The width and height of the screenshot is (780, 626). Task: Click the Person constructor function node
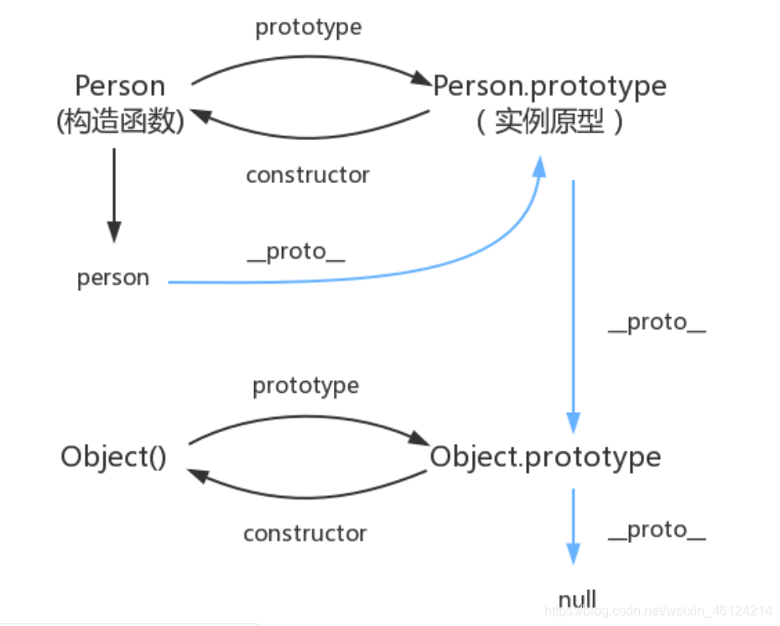click(x=120, y=86)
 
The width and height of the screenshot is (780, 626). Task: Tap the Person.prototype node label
click(x=549, y=86)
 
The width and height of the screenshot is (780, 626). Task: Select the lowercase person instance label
click(x=113, y=278)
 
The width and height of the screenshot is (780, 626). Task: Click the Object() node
click(x=113, y=457)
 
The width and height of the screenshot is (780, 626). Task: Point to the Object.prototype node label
click(x=545, y=457)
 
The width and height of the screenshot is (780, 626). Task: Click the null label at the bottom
click(x=577, y=599)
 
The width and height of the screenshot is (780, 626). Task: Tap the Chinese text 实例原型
click(x=549, y=123)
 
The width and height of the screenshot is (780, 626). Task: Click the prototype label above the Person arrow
click(x=309, y=27)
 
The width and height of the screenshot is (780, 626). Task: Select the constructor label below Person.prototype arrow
click(x=308, y=175)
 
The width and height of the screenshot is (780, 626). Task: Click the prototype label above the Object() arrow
click(x=305, y=386)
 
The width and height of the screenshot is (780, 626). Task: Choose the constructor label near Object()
click(x=305, y=534)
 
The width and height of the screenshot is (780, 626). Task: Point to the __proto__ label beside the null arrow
click(x=657, y=530)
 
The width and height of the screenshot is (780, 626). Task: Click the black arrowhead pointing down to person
click(x=114, y=232)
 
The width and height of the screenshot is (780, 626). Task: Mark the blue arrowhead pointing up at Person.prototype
click(x=539, y=165)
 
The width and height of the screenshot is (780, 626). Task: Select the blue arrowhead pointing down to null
click(x=573, y=553)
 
